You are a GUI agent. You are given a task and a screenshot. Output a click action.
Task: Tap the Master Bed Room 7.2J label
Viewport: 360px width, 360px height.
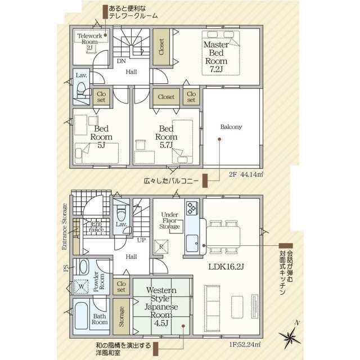pos(216,57)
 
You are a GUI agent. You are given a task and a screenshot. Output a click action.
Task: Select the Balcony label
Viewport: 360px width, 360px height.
pos(231,127)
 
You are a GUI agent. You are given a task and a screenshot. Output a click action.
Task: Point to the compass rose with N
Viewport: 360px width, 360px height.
pos(290,336)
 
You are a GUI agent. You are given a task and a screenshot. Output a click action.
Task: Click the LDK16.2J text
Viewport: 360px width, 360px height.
pos(226,267)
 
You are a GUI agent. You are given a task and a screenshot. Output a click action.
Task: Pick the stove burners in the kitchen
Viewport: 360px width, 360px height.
pos(192,208)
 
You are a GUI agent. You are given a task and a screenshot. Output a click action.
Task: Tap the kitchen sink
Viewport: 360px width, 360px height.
pos(192,243)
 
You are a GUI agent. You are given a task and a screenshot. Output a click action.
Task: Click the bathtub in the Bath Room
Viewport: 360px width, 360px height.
pos(82,316)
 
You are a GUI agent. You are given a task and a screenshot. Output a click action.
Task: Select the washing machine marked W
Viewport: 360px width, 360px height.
pos(81,286)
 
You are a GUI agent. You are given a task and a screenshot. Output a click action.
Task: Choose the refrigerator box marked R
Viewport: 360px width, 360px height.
pos(161,246)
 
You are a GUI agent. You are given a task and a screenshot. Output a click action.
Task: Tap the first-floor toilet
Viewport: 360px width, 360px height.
pos(121,213)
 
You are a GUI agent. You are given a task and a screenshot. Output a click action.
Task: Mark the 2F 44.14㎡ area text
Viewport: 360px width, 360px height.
pos(246,174)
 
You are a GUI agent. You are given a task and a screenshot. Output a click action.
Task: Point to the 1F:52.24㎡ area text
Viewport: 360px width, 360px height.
pos(245,344)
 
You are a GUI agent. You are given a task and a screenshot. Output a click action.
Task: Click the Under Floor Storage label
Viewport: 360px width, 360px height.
pos(170,220)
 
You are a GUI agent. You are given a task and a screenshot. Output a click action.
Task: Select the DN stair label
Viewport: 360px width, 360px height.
pos(121,61)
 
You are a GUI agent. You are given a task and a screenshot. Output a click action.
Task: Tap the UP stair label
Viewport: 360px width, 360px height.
pos(141,240)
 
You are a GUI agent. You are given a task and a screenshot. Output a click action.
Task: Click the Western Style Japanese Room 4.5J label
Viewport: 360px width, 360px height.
pos(161,307)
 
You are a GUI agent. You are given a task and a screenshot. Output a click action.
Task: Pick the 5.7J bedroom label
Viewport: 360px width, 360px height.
pos(166,137)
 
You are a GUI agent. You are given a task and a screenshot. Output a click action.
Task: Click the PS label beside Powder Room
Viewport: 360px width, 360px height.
pos(66,268)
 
